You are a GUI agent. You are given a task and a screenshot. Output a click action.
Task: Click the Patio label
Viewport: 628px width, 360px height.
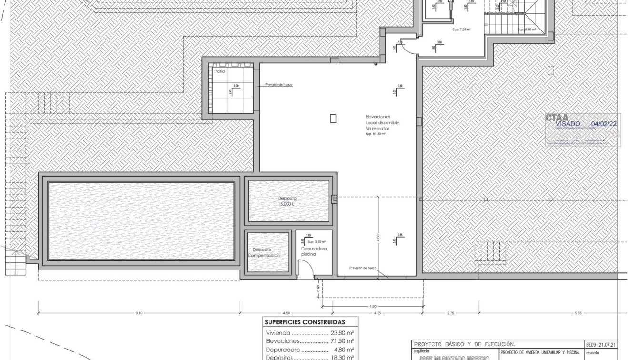click(x=219, y=71)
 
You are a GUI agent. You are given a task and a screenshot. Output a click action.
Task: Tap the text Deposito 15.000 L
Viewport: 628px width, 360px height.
click(x=287, y=201)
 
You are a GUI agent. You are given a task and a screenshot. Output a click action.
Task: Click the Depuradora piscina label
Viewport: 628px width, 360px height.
click(x=314, y=251)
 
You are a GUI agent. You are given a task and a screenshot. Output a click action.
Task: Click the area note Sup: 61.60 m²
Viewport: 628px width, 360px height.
click(x=375, y=134)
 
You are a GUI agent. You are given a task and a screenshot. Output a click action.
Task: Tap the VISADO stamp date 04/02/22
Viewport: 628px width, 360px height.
click(x=603, y=124)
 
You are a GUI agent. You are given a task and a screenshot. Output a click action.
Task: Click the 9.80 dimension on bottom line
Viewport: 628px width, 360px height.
click(x=139, y=313)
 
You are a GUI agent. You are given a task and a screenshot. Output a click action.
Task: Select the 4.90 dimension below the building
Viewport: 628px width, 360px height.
click(x=373, y=306)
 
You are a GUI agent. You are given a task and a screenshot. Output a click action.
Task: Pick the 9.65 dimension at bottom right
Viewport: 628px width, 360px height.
click(x=578, y=313)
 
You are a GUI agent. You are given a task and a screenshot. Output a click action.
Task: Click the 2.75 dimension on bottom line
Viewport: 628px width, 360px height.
click(x=450, y=313)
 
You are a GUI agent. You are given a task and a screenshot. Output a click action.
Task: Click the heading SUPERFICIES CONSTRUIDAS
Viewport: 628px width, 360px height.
click(x=305, y=322)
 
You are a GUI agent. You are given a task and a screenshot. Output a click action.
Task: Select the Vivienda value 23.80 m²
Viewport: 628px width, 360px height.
click(x=342, y=333)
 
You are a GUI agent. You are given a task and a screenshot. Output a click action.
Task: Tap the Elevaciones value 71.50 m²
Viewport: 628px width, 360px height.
click(x=342, y=341)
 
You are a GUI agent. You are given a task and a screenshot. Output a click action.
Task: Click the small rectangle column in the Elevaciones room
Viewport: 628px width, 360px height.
click(x=333, y=118)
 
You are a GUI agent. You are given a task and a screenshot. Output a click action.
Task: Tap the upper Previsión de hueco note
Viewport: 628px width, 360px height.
click(x=279, y=84)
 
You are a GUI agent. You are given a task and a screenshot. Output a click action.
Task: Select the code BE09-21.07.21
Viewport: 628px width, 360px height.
click(x=601, y=344)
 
